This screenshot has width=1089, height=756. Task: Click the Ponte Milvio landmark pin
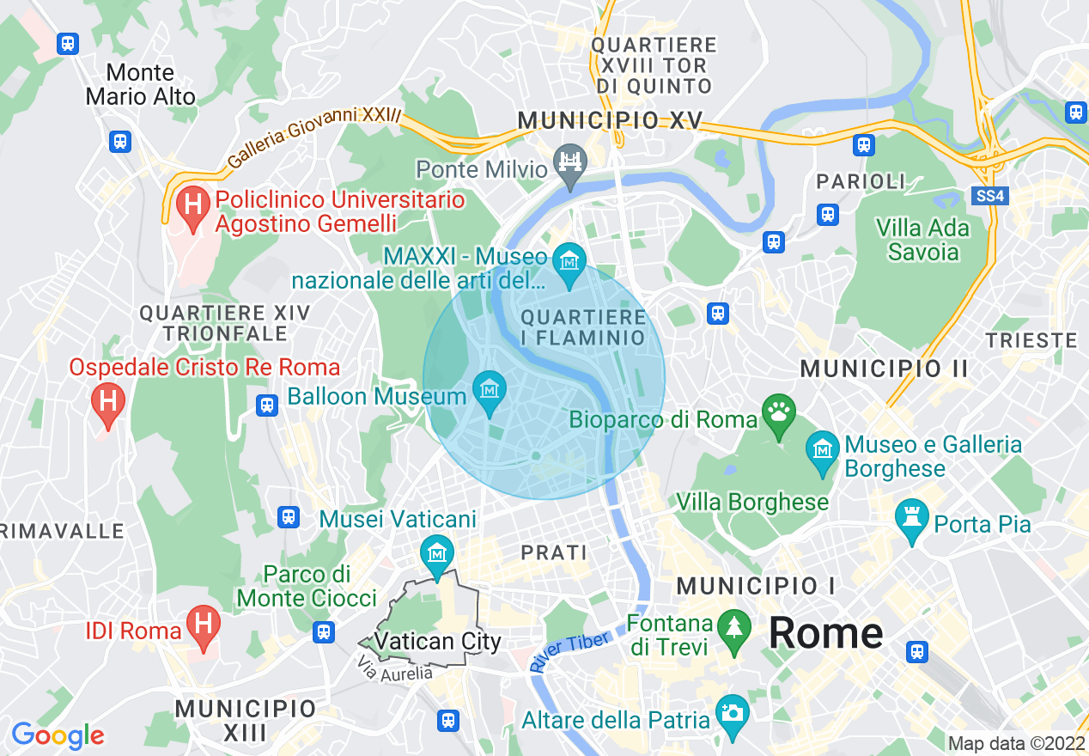(569, 162)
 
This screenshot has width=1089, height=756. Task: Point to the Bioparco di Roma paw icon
(779, 413)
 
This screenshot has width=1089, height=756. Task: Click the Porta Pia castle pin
(911, 519)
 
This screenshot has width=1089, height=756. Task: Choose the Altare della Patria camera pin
(732, 714)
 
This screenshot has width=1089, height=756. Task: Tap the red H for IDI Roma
(204, 625)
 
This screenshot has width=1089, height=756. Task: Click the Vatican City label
(438, 642)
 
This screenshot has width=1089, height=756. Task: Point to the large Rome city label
(825, 633)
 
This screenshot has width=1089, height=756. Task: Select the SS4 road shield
(990, 197)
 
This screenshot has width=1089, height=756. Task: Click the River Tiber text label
(570, 651)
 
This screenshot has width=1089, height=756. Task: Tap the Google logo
(58, 735)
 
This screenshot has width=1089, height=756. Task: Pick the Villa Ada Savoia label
(922, 240)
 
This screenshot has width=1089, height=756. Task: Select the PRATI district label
(555, 552)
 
